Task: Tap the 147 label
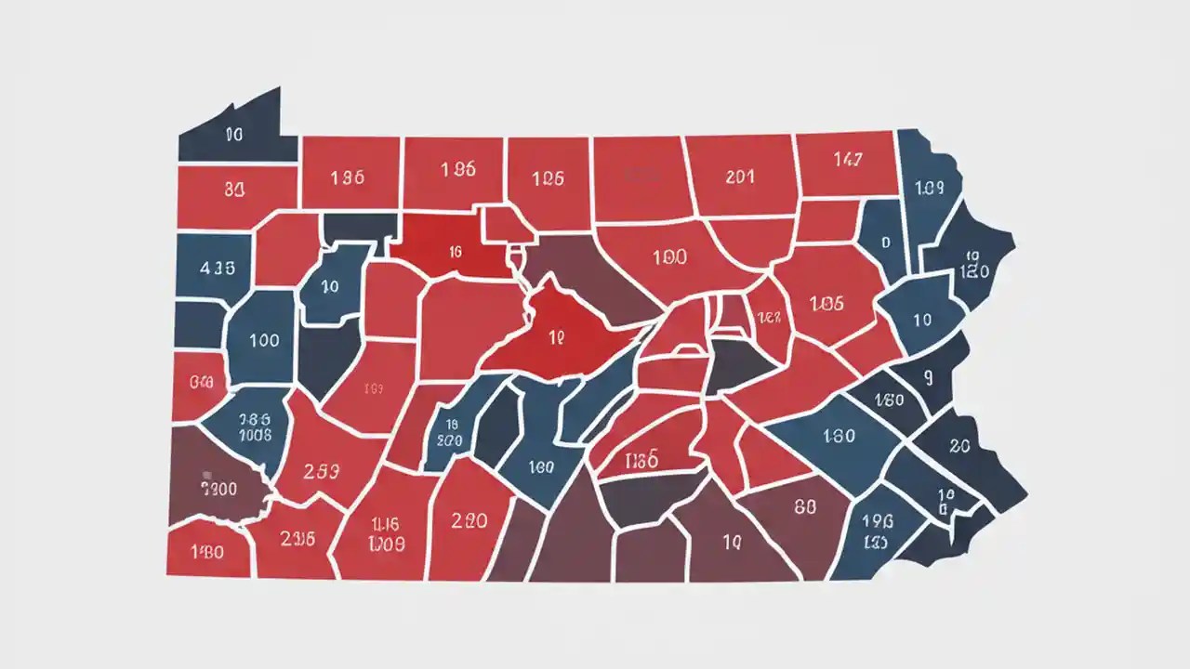click(847, 160)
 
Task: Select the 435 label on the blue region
click(217, 268)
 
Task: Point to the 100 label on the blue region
click(264, 340)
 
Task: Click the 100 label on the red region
click(669, 258)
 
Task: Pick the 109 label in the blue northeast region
click(929, 188)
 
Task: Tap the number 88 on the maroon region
click(805, 507)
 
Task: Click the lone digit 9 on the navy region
click(928, 377)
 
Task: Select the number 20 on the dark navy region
click(959, 446)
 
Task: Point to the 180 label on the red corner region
click(206, 552)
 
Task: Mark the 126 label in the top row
click(548, 178)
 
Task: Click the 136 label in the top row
click(347, 177)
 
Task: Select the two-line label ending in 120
click(972, 266)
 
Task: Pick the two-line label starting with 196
click(878, 531)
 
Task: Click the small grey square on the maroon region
click(205, 472)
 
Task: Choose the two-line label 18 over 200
click(448, 432)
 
